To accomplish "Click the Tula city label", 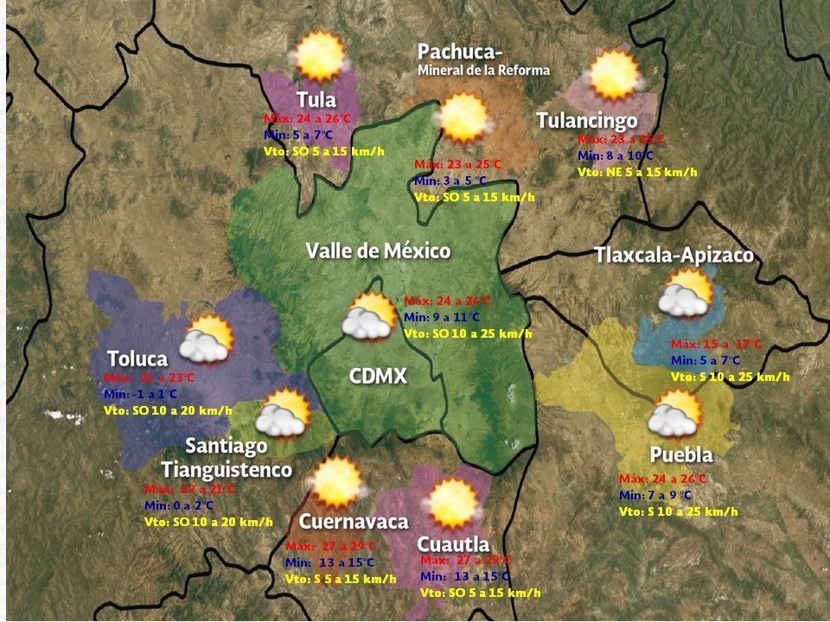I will tap(316, 99).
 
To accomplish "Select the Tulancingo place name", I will tap(587, 121).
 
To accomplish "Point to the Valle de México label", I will tap(378, 251).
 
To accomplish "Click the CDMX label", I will tap(378, 377).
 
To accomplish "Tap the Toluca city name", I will tap(137, 359).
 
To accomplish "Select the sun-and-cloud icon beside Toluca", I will tap(206, 339).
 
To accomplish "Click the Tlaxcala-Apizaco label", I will tap(674, 256).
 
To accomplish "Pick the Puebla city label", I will tap(681, 455).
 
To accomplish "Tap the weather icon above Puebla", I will tap(675, 414).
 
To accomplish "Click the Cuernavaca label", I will tap(354, 522).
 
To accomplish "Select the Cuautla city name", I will tap(453, 544).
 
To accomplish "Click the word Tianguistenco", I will tap(227, 470).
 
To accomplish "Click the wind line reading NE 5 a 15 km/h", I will tap(637, 172).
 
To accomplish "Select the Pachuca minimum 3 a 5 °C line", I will tap(450, 181).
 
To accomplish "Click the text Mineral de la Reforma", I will tap(483, 70).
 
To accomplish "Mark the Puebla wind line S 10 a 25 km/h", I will tap(679, 511).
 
